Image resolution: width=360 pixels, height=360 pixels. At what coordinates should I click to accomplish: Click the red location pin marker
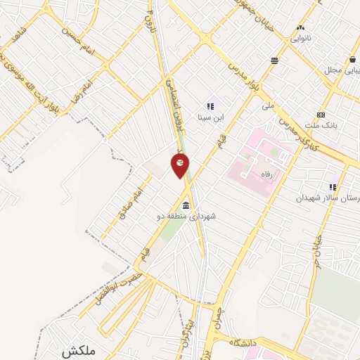180,164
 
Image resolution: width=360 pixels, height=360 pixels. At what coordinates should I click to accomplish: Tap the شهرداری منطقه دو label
186,217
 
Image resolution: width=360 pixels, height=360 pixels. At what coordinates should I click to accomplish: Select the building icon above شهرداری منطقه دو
186,205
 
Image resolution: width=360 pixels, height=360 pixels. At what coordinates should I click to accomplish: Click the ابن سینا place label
211,117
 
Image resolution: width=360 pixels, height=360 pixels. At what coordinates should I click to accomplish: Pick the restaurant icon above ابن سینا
210,106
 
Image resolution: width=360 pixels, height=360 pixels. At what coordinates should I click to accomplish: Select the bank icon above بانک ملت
321,115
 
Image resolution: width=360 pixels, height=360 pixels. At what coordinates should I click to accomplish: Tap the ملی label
266,106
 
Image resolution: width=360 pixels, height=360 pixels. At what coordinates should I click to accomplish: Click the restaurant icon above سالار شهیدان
333,187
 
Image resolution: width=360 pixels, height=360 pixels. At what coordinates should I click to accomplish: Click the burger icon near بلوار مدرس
274,61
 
